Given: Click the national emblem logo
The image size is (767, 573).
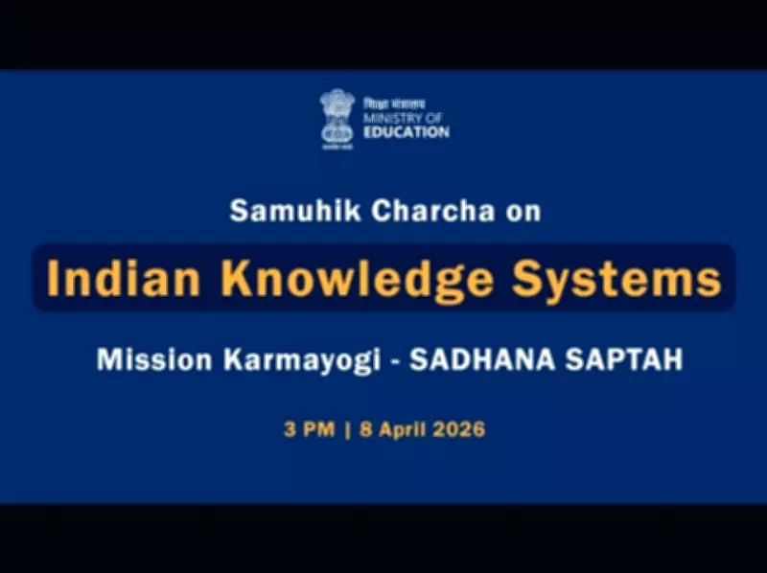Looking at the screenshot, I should click(x=337, y=119).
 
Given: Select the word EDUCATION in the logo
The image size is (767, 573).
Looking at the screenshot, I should click(x=406, y=131).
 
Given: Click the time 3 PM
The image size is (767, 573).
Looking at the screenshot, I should click(x=309, y=429).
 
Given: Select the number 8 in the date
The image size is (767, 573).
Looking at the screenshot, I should click(x=364, y=429).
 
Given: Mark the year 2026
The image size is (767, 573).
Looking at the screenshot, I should click(x=458, y=429).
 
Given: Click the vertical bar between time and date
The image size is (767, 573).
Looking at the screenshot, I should click(x=347, y=429).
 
